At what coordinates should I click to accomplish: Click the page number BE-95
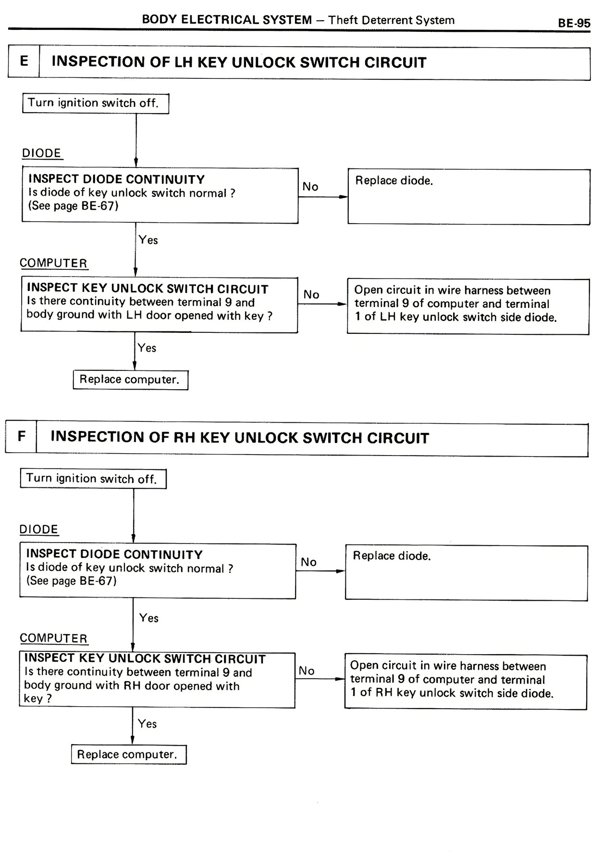(574, 23)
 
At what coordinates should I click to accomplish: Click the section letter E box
(24, 62)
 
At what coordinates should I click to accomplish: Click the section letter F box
(21, 436)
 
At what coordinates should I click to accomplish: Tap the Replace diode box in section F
(466, 572)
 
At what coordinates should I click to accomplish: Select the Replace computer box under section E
(130, 380)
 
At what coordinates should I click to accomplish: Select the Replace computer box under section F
(128, 754)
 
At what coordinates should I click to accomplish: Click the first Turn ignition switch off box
(95, 103)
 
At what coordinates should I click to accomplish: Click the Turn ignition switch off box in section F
(93, 479)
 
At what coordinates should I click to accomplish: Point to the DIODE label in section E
(42, 153)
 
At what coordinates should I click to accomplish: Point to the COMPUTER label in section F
(53, 638)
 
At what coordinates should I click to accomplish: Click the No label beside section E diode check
(310, 187)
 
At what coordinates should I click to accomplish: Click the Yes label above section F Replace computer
(147, 723)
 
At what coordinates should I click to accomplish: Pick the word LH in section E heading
(183, 63)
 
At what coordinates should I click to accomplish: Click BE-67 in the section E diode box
(98, 206)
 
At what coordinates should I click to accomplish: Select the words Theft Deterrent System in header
(391, 20)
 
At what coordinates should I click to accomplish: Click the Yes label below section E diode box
(148, 240)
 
